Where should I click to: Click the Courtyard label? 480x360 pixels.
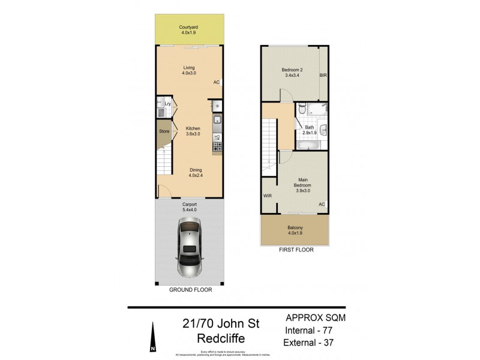click(189, 30)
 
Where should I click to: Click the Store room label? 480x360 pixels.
click(164, 131)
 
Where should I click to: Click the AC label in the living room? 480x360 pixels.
click(216, 83)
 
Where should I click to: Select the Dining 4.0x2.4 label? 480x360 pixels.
click(189, 173)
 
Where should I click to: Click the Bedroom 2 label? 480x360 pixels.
click(292, 73)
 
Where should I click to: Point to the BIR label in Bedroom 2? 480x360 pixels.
click(323, 76)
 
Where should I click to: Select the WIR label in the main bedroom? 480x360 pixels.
click(267, 196)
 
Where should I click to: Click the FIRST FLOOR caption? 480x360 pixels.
click(295, 251)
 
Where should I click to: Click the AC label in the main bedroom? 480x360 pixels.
click(322, 204)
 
